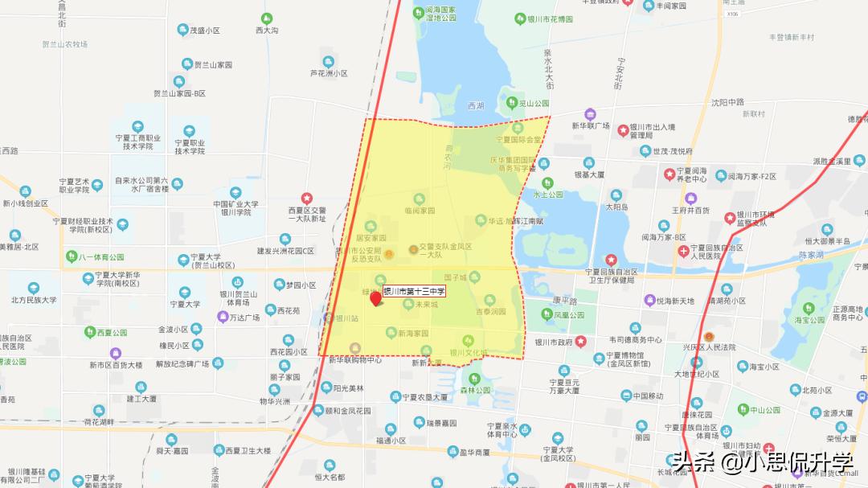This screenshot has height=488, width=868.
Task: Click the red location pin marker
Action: point(375,300)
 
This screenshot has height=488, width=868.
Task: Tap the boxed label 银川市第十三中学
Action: point(414,291)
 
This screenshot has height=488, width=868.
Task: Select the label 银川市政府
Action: point(553,342)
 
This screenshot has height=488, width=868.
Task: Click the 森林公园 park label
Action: point(474,391)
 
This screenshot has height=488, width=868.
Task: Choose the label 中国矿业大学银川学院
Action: point(235,207)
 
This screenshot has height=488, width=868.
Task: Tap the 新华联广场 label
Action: point(591,125)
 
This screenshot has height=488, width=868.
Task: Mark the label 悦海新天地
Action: point(674,301)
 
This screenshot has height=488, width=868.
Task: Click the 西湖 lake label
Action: point(476,105)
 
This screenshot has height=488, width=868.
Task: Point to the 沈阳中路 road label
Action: point(727,102)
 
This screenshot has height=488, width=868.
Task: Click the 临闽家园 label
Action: point(419,210)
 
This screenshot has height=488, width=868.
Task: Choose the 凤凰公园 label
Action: point(568,315)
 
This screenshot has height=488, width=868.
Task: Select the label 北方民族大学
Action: point(34,300)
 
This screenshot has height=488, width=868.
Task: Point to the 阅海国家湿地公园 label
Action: point(434,14)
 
